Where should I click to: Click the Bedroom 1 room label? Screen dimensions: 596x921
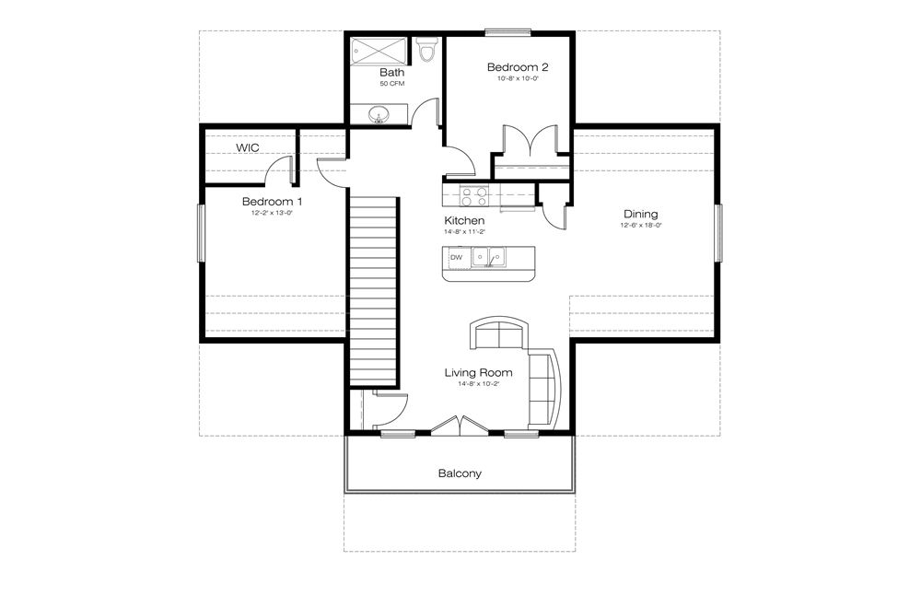coord(272,202)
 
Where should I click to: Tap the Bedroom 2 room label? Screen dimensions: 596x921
coord(518,67)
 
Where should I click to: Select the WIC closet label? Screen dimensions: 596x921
coord(247,147)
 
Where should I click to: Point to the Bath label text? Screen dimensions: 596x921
coord(391,72)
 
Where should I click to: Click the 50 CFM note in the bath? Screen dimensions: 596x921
coord(391,84)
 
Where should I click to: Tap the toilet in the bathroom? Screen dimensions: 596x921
coord(425,52)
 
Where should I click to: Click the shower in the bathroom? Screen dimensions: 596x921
coord(379,50)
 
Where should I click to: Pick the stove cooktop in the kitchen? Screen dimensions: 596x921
coord(473,195)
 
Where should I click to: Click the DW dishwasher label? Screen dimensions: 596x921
coord(456,257)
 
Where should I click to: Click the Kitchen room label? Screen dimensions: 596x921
coord(464,221)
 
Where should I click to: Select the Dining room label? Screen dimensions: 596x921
coord(640,214)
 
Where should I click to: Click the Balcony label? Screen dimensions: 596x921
coord(460,473)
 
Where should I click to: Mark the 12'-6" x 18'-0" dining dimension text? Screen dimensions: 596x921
coord(641,226)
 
